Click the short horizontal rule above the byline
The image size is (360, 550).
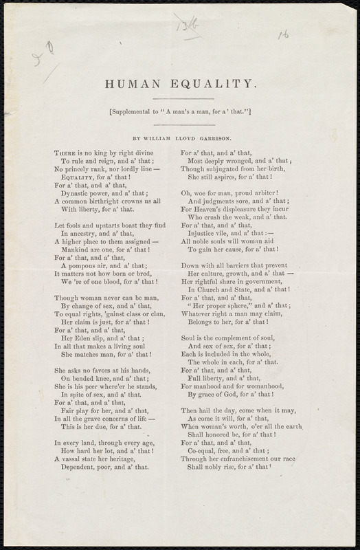(x=180, y=124)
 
